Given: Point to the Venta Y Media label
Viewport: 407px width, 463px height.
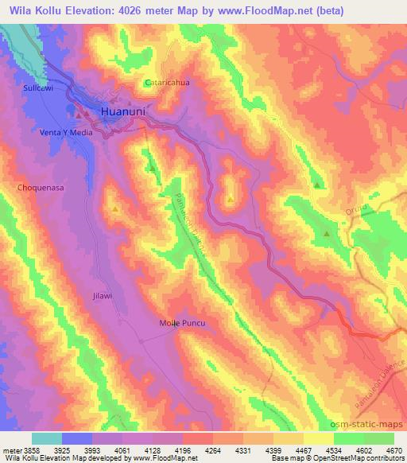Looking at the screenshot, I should [67, 133].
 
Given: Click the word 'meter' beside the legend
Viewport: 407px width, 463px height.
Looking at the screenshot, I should [11, 449].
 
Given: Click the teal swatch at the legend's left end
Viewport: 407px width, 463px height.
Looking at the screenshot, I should [47, 438].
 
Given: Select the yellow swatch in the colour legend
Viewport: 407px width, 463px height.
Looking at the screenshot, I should [319, 438].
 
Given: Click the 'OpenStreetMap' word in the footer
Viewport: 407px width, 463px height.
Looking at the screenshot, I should [349, 459].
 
